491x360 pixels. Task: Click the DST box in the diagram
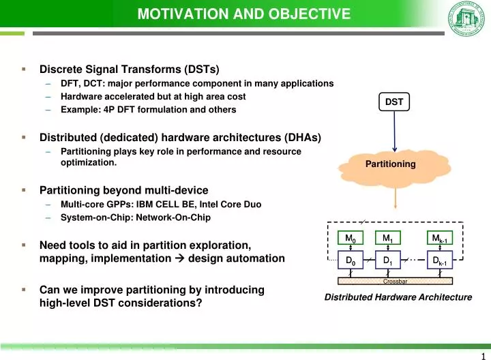394,102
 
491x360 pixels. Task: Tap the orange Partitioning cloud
390,164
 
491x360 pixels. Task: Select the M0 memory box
351,238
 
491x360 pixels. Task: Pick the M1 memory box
387,238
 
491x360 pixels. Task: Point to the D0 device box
351,260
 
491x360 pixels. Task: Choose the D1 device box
387,260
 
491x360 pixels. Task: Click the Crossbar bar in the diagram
395,280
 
